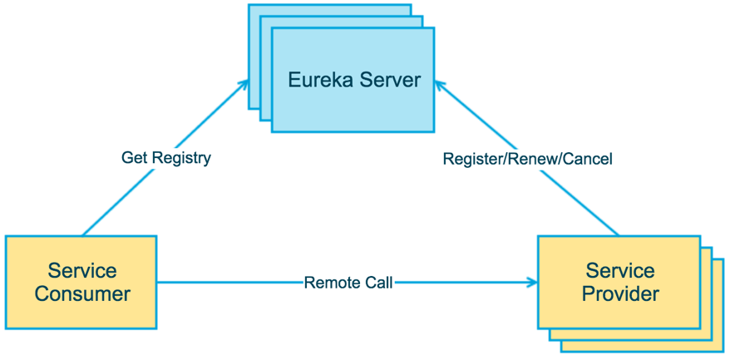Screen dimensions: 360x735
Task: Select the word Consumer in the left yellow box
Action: pos(82,294)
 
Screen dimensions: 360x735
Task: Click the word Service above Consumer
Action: pos(82,271)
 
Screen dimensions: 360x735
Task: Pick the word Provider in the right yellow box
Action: pos(620,294)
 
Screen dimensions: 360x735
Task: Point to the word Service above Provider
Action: pos(620,271)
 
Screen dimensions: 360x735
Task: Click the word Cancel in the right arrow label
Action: pos(587,159)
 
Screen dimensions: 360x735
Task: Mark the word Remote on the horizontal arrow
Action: pos(332,283)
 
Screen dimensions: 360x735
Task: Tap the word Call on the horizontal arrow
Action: pos(377,283)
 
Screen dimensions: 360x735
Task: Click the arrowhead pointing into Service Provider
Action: pos(531,283)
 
